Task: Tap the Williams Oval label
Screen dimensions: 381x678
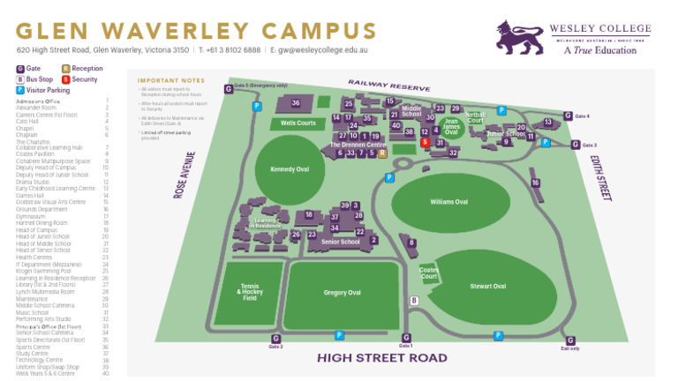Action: click(x=448, y=202)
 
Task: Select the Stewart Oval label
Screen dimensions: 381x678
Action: click(x=487, y=286)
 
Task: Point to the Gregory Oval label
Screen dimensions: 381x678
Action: click(x=342, y=292)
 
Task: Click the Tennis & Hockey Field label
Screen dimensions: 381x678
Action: click(x=250, y=292)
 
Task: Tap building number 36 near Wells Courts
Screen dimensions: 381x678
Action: click(x=296, y=103)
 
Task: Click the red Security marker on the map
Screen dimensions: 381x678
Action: click(x=425, y=142)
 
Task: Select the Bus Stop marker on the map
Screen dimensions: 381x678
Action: click(x=414, y=300)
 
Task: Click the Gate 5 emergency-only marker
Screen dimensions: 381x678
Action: click(x=229, y=89)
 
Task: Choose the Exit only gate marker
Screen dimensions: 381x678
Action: click(x=569, y=340)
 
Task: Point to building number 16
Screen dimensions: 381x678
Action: click(x=535, y=183)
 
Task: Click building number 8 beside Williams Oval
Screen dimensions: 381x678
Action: click(x=411, y=242)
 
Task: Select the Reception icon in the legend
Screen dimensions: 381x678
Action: click(x=66, y=68)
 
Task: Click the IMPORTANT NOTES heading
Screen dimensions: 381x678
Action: click(x=165, y=79)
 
